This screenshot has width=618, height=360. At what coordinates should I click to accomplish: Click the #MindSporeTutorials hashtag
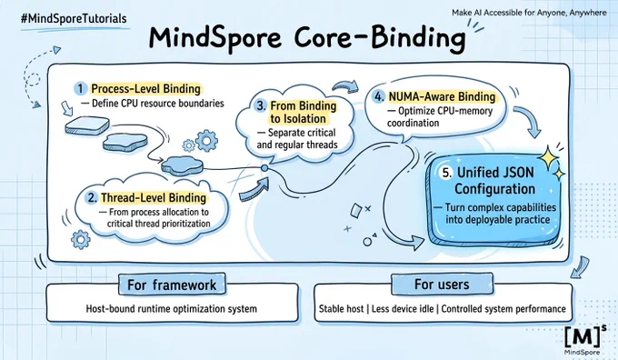pos(75,18)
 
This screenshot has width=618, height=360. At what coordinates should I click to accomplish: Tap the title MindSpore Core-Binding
pos(306,38)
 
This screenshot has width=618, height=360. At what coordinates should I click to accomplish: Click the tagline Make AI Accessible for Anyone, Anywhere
pos(529,13)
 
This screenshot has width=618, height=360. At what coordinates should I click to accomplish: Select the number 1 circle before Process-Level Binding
pos(80,88)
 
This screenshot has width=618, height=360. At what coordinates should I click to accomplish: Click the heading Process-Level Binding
pos(145,89)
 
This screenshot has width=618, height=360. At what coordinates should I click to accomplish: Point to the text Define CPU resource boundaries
pos(157,104)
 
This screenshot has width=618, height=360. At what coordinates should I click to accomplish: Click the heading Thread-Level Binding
pos(154,197)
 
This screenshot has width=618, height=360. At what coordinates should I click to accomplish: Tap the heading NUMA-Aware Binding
pos(443,96)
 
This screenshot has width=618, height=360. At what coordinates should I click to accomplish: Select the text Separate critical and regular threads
pos(297,139)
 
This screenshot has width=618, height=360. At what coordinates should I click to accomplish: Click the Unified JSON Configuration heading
pos(495,181)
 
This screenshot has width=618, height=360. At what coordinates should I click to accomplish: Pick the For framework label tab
pos(172,285)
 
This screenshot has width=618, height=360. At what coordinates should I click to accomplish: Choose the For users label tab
pos(442,285)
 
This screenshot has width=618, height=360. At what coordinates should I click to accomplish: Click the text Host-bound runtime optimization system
pos(172,308)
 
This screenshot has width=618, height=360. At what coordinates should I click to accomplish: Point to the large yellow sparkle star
pos(548,158)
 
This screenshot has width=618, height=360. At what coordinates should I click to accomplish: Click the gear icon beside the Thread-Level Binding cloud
pos(81,239)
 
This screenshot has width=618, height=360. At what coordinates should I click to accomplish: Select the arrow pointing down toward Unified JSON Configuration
pos(530,122)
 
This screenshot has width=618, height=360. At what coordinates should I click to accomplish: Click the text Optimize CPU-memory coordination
pos(440,117)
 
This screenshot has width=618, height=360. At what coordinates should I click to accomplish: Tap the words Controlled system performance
pos(503,309)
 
